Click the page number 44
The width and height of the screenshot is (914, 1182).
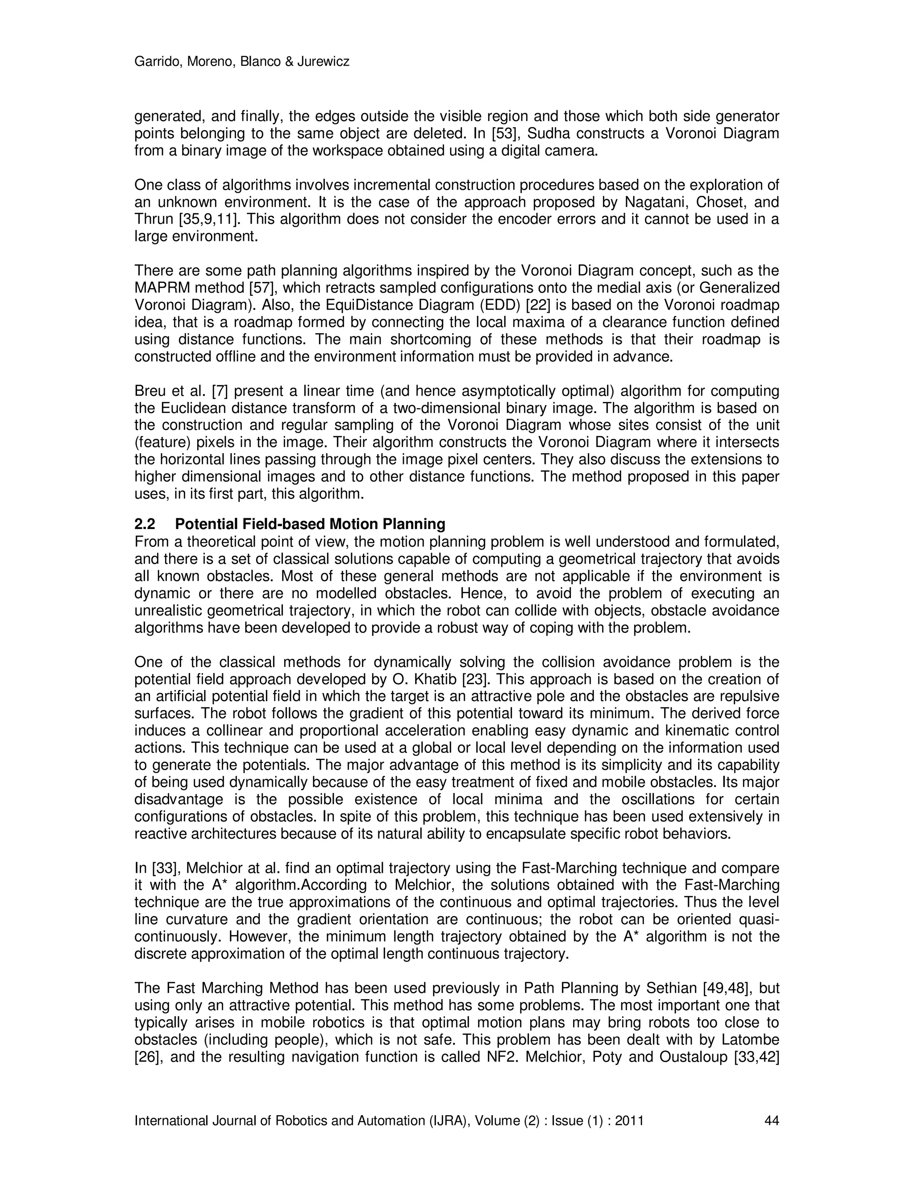point(771,1120)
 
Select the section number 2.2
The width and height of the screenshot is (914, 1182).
point(145,524)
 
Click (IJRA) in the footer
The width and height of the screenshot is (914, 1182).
point(449,1120)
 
